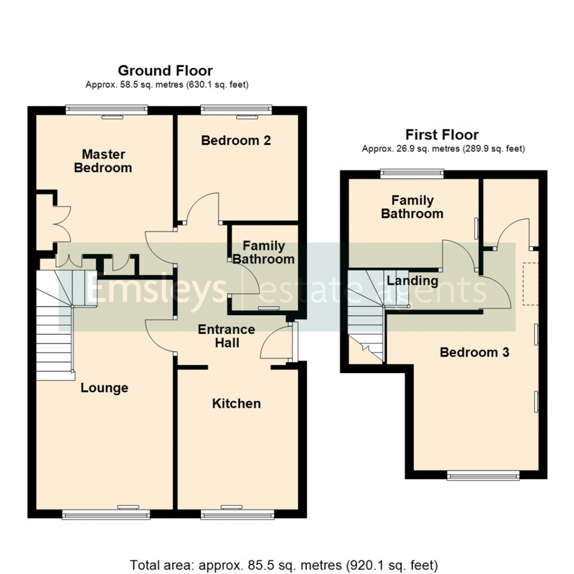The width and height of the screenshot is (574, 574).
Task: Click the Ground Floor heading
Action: tap(165, 71)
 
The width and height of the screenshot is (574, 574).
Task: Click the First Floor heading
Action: tap(442, 135)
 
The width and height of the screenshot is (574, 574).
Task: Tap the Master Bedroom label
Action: tap(103, 161)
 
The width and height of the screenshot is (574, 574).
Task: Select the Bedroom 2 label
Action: tap(236, 140)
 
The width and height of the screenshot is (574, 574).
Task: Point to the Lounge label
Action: tap(104, 388)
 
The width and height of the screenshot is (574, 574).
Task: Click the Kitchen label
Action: tap(236, 403)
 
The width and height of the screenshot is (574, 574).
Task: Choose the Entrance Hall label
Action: tap(226, 336)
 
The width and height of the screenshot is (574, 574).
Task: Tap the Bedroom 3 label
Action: tap(474, 353)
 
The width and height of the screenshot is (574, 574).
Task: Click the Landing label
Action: tap(413, 280)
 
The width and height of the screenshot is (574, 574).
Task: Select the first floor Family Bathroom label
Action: tap(412, 207)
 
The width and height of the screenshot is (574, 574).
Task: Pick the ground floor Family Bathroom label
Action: tap(263, 253)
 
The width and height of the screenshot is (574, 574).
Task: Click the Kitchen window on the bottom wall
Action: tap(237, 513)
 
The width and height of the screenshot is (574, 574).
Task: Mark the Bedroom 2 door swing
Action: tap(201, 208)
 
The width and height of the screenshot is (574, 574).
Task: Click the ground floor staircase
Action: tap(56, 326)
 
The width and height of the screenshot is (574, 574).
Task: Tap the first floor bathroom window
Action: tap(411, 174)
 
